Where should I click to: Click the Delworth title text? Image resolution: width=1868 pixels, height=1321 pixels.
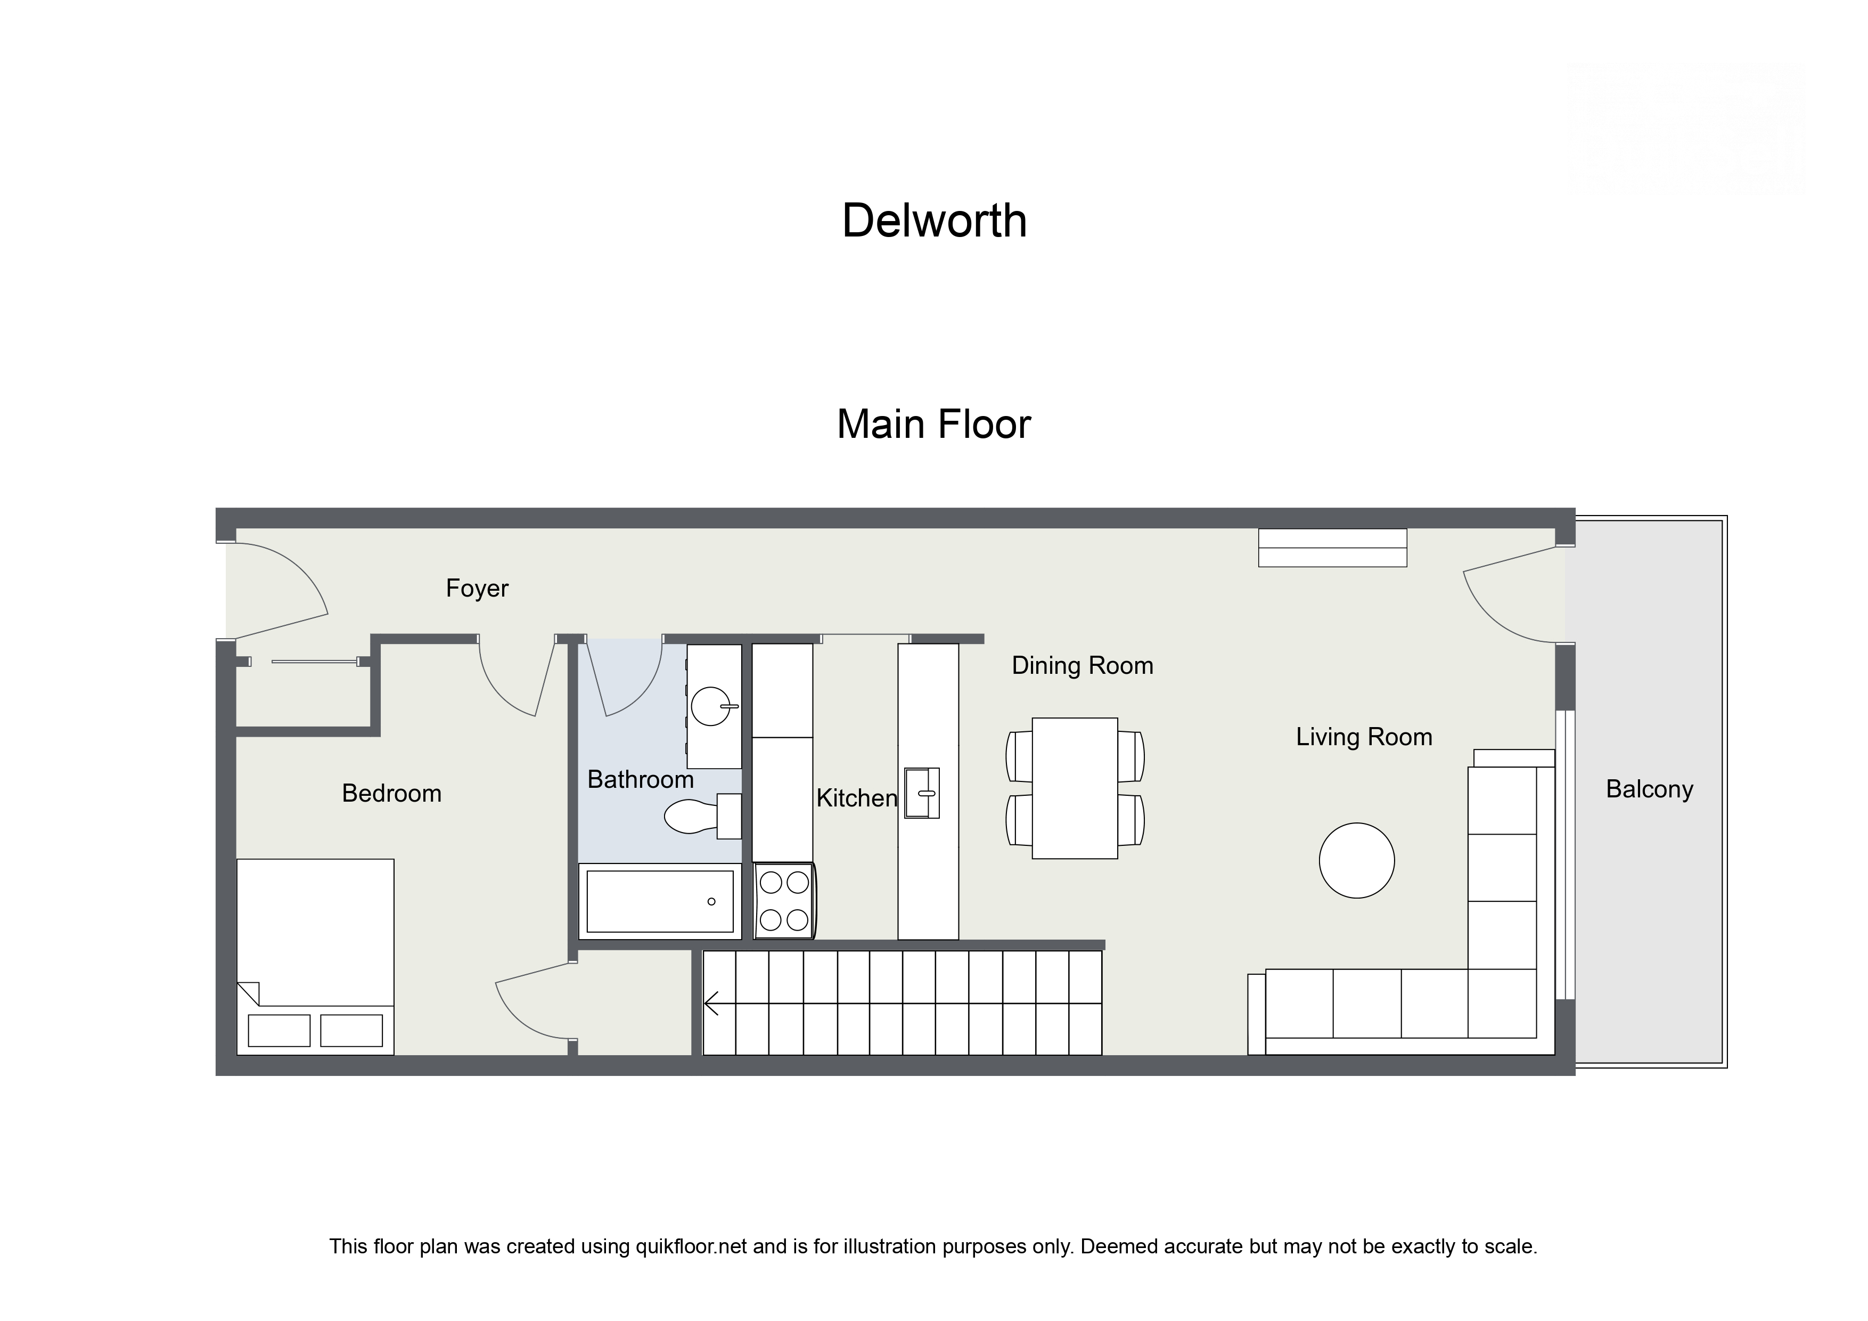(934, 221)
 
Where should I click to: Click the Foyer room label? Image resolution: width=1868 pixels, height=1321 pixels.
(477, 588)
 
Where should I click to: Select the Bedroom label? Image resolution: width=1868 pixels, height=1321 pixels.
(391, 793)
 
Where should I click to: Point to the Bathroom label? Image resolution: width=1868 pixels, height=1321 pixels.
(640, 779)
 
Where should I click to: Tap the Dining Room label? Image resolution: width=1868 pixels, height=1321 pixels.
(1082, 665)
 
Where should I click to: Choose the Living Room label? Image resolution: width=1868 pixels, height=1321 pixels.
(1364, 737)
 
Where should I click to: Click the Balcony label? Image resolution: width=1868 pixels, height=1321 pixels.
(1649, 789)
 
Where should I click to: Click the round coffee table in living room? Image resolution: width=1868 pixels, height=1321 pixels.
(1356, 860)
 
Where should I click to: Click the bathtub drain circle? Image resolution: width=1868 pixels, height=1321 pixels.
(711, 901)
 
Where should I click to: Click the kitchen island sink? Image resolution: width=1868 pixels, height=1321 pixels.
(922, 792)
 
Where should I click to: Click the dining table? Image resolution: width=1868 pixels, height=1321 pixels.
(1074, 788)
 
